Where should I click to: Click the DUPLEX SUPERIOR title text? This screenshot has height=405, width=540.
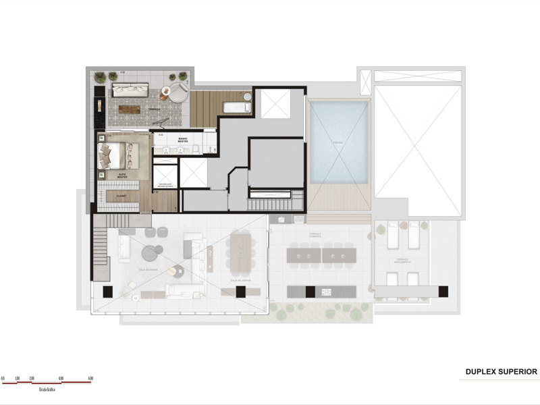(x=501, y=371)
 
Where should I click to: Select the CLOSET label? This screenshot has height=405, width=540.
(x=122, y=196)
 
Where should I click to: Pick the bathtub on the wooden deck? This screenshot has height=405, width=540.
(x=236, y=107)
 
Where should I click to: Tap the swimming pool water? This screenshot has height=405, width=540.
(x=339, y=142)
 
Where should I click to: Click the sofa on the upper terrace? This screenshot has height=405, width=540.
(x=130, y=89)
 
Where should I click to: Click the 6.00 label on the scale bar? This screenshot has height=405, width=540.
(x=90, y=377)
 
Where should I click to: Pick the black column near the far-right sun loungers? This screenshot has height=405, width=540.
(x=443, y=291)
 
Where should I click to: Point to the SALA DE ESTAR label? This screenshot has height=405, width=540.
(x=148, y=269)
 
